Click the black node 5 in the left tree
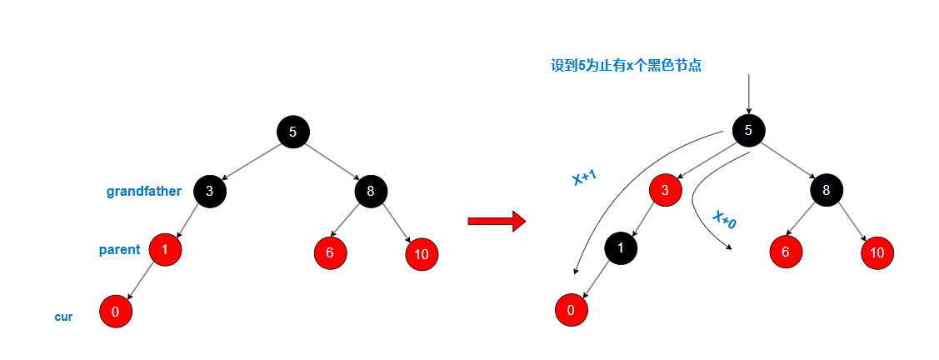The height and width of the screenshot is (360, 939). pyautogui.click(x=292, y=132)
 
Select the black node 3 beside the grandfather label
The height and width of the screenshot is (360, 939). pyautogui.click(x=210, y=191)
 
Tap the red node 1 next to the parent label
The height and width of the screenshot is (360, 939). pyautogui.click(x=165, y=249)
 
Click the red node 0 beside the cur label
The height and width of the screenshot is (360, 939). pyautogui.click(x=116, y=312)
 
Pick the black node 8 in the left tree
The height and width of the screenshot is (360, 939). pyautogui.click(x=371, y=192)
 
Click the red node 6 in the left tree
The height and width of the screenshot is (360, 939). pyautogui.click(x=331, y=253)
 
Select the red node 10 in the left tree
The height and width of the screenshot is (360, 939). pyautogui.click(x=422, y=254)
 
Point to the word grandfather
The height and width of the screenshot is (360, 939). pyautogui.click(x=143, y=192)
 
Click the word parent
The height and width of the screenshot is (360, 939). pyautogui.click(x=119, y=250)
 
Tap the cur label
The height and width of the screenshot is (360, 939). pyautogui.click(x=63, y=317)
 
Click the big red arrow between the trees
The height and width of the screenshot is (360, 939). pyautogui.click(x=497, y=221)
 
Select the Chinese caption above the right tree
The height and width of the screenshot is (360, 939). pyautogui.click(x=626, y=66)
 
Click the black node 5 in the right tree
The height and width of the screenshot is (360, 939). pyautogui.click(x=748, y=129)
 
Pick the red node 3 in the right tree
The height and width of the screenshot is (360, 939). pyautogui.click(x=665, y=190)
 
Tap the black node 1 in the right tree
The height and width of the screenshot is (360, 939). pyautogui.click(x=620, y=247)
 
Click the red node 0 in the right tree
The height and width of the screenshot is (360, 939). pyautogui.click(x=571, y=311)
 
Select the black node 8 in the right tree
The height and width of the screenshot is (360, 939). pyautogui.click(x=826, y=189)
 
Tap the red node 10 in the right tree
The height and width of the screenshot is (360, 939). pyautogui.click(x=877, y=252)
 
